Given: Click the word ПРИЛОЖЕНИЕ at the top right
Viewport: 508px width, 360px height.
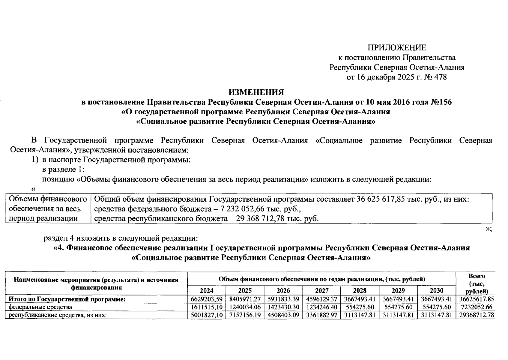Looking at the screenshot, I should tap(397, 48).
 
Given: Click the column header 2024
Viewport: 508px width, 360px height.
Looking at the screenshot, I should tap(207, 290).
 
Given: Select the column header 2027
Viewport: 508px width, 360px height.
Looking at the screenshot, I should tap(322, 290).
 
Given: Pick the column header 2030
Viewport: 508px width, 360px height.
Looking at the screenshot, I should tap(436, 290).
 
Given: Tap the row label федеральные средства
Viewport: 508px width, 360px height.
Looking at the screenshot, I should tap(40, 307).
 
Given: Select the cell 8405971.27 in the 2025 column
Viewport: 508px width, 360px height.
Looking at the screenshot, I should tap(245, 299).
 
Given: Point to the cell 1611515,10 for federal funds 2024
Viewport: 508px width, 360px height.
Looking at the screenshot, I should tap(206, 307).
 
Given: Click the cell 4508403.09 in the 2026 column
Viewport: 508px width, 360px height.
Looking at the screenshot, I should tap(283, 315).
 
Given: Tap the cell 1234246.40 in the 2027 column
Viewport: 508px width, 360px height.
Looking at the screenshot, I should tap(322, 307).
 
